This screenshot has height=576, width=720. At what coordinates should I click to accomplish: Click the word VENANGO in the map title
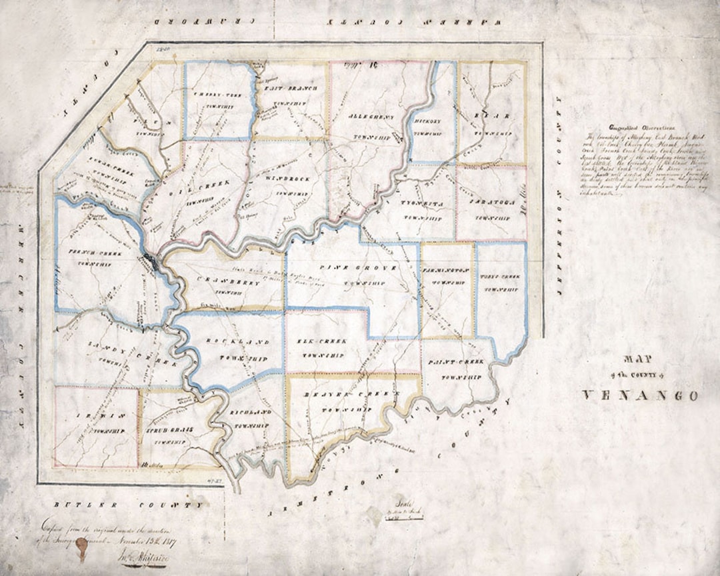[x=641, y=395]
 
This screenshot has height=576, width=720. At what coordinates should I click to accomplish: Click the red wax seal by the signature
[x=82, y=548]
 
